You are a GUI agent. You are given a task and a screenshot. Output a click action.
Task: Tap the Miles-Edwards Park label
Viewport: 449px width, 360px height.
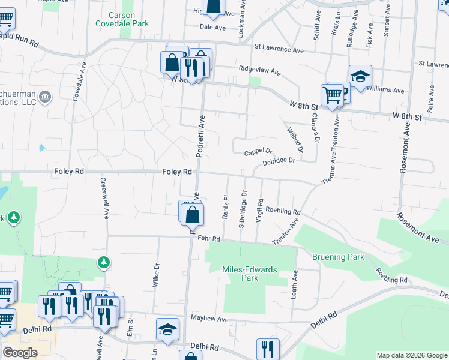[x=250, y=274]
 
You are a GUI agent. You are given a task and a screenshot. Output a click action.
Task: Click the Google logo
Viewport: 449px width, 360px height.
[x=19, y=353]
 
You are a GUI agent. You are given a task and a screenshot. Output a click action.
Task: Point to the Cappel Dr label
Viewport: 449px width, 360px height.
[x=259, y=152]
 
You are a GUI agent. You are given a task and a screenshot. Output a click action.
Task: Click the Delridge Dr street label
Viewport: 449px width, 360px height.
[x=279, y=161]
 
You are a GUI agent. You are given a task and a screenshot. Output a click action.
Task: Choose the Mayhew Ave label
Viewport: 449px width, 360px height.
[x=210, y=318]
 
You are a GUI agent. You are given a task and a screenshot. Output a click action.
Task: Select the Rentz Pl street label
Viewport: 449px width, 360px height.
[x=226, y=206]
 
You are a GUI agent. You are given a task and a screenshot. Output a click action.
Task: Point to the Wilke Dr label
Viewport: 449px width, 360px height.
[x=156, y=275]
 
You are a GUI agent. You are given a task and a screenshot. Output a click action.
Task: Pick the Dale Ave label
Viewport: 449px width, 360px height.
[x=212, y=28]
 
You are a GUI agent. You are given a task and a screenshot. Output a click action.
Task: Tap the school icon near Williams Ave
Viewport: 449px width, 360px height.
[x=360, y=76]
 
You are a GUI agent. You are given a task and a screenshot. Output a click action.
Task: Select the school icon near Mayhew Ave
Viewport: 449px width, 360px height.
[x=168, y=329]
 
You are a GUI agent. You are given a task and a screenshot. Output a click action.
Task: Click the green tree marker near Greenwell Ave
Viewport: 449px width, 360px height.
[x=104, y=262]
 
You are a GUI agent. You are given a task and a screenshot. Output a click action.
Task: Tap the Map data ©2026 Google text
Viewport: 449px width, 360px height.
[x=412, y=355]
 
